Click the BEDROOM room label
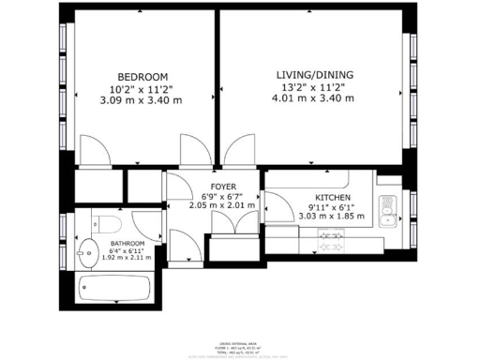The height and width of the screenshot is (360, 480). click(142, 76)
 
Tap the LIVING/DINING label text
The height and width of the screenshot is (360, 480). click(308, 74)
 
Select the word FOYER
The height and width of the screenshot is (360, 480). click(222, 187)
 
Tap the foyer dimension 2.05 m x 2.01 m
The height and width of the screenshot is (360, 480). click(222, 205)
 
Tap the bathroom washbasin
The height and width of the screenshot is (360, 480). click(87, 251)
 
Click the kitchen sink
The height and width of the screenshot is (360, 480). click(387, 211)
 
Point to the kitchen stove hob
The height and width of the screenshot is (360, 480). click(331, 235)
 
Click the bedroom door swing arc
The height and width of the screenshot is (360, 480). click(94, 150)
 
